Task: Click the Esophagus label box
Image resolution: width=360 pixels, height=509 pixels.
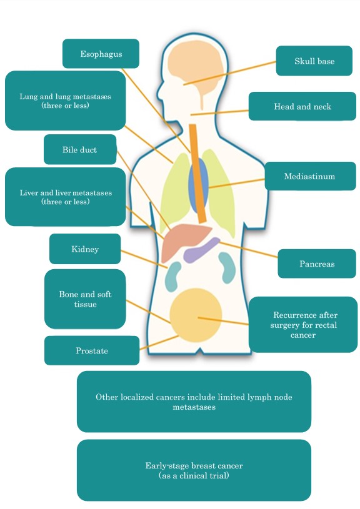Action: pyautogui.click(x=101, y=54)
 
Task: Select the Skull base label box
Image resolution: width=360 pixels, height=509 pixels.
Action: pyautogui.click(x=314, y=61)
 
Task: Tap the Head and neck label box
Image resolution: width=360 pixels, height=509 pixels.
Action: pyautogui.click(x=302, y=106)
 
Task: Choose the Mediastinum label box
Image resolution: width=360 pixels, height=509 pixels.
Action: pyautogui.click(x=310, y=176)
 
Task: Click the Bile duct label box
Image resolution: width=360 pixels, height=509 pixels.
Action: pyautogui.click(x=80, y=149)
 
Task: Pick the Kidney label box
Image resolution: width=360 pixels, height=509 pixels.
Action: pyautogui.click(x=85, y=249)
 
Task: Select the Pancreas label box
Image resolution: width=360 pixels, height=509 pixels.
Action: pyautogui.click(x=317, y=264)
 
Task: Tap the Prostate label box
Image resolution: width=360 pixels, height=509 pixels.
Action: pyautogui.click(x=92, y=350)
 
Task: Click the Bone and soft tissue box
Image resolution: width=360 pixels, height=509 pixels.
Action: pyautogui.click(x=85, y=299)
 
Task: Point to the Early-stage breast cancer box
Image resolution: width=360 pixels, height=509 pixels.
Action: pyautogui.click(x=194, y=470)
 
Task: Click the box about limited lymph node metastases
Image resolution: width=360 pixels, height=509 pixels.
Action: pyautogui.click(x=194, y=402)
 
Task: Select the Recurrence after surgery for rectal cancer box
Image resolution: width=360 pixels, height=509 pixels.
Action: pyautogui.click(x=303, y=325)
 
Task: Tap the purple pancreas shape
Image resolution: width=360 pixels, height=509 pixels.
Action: pyautogui.click(x=201, y=249)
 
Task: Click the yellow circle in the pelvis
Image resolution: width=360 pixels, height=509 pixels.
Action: pyautogui.click(x=196, y=315)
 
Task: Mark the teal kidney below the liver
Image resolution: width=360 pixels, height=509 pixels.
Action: pyautogui.click(x=173, y=276)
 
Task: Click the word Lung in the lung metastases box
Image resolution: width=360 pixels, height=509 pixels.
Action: pyautogui.click(x=26, y=96)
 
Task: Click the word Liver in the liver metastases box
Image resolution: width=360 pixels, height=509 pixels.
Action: pyautogui.click(x=27, y=192)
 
